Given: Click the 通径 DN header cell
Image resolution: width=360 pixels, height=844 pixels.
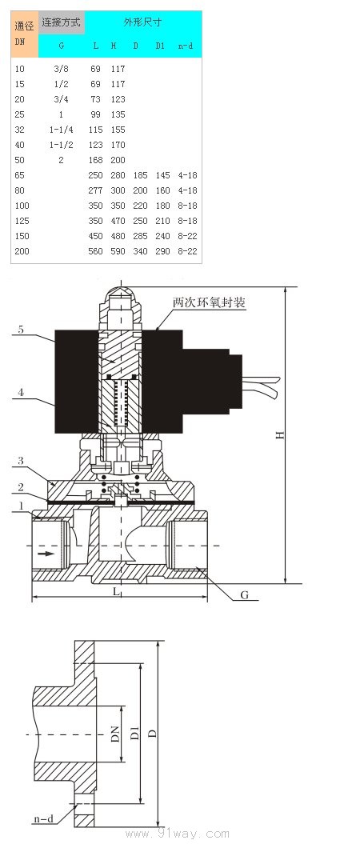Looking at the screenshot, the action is pyautogui.click(x=25, y=34).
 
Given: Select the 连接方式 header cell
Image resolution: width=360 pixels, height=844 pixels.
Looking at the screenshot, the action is pyautogui.click(x=62, y=22).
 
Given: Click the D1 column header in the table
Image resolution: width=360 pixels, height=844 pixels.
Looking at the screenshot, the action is pyautogui.click(x=160, y=46).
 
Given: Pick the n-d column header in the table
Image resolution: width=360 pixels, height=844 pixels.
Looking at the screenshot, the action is pyautogui.click(x=185, y=46).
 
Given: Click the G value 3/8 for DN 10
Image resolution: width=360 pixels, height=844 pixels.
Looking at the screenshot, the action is pyautogui.click(x=61, y=69).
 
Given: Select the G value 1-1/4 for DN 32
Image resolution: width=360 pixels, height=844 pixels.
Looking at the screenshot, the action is pyautogui.click(x=61, y=130).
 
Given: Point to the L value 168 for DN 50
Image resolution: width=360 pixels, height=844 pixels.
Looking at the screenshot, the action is pyautogui.click(x=95, y=160).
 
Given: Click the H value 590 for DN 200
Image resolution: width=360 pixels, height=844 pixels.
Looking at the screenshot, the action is pyautogui.click(x=118, y=251).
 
